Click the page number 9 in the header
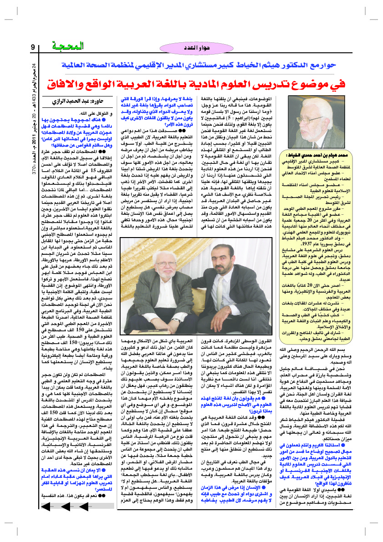33,47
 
